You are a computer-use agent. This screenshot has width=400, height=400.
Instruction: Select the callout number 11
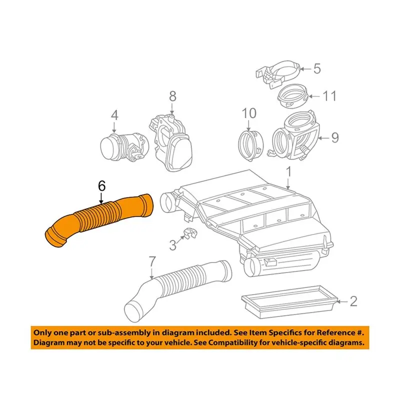tap(329, 96)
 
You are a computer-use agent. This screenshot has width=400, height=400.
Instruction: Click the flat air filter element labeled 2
tap(289, 302)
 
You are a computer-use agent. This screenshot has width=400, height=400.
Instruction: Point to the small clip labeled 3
tap(190, 233)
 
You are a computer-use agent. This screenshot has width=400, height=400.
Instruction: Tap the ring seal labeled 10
tap(250, 145)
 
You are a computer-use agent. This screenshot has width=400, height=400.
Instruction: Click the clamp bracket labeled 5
tap(278, 73)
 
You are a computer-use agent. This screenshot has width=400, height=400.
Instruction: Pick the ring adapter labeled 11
tap(293, 96)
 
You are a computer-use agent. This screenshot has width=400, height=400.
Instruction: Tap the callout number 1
tap(288, 172)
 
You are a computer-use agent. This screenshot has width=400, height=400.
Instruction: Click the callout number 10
tap(249, 113)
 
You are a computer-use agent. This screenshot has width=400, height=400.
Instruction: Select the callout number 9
tap(334, 138)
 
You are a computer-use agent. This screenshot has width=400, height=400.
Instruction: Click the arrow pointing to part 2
tap(342, 302)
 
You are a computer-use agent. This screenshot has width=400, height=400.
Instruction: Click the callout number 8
tap(172, 96)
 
